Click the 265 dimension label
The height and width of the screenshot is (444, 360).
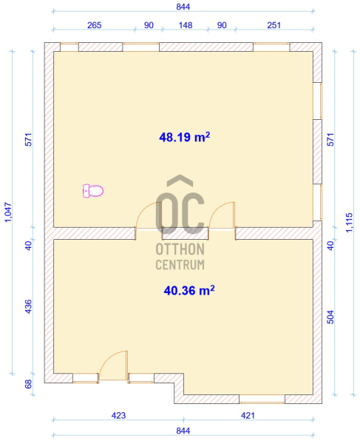pyautogui.click(x=94, y=25)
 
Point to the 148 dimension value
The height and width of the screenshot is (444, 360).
pyautogui.click(x=186, y=25)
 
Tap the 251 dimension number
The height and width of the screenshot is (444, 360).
pyautogui.click(x=274, y=25)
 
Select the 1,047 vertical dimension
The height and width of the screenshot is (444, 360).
pyautogui.click(x=8, y=212)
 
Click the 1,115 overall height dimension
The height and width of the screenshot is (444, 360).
pyautogui.click(x=350, y=223)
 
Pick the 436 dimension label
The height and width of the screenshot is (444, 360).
pyautogui.click(x=29, y=306)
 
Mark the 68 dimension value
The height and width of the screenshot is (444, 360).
pyautogui.click(x=29, y=384)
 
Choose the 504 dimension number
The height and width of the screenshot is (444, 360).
pyautogui.click(x=330, y=317)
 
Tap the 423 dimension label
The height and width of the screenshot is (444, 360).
pyautogui.click(x=118, y=415)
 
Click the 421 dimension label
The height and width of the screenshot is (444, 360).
pyautogui.click(x=248, y=415)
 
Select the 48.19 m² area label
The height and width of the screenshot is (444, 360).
pyautogui.click(x=185, y=137)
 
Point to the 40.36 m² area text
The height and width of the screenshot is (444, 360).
pyautogui.click(x=189, y=291)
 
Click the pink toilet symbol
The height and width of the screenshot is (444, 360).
pyautogui.click(x=93, y=191)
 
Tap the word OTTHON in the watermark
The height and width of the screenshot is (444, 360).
pyautogui.click(x=180, y=249)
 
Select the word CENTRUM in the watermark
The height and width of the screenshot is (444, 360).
pyautogui.click(x=180, y=265)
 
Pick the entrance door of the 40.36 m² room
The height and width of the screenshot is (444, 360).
pyautogui.click(x=113, y=366)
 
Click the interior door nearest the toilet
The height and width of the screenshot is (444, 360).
pyautogui.click(x=149, y=215)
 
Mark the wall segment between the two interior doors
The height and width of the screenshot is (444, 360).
pyautogui.click(x=186, y=234)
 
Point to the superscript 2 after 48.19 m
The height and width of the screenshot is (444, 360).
pyautogui.click(x=208, y=134)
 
